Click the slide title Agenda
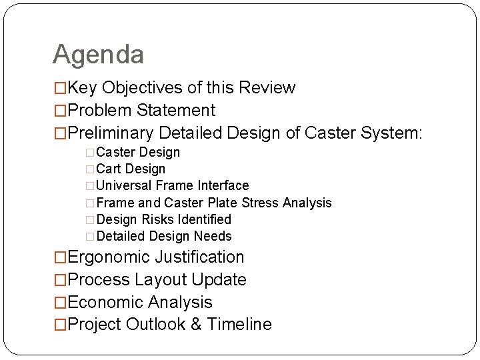coord(98,55)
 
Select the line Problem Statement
coord(141,111)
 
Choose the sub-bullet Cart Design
coord(131,169)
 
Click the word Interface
coord(222,186)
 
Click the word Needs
coord(213,236)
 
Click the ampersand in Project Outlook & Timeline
coord(195,325)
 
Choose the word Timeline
coord(239,325)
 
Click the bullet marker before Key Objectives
coord(60,88)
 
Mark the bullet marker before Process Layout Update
coord(60,280)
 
